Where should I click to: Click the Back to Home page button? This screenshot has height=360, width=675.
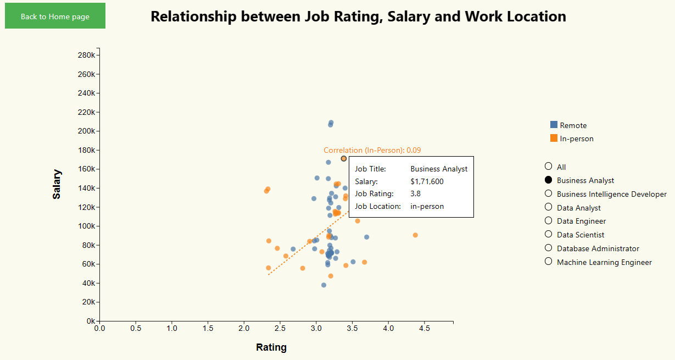coord(55,16)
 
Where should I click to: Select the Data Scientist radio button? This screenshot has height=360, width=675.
coord(548,235)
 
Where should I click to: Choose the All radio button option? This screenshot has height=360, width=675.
coord(548,167)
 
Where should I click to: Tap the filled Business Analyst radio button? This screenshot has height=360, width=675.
coord(548,180)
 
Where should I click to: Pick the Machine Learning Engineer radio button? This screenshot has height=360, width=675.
coord(548,262)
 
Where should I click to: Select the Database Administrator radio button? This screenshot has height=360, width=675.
coord(548,248)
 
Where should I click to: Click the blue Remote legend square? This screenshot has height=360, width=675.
coord(554,125)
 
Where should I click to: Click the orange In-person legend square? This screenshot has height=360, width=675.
coord(554,139)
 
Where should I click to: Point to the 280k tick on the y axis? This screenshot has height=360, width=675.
coord(87,56)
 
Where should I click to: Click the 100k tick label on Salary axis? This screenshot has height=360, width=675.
coord(87,226)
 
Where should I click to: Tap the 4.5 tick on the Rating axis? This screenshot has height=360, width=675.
coord(425,328)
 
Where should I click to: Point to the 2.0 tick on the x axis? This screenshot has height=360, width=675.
coord(244,328)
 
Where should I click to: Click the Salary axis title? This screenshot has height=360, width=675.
coord(57,184)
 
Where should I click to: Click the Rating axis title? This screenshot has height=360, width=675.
coord(271,347)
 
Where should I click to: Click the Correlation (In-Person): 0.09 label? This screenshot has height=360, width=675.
coord(372,150)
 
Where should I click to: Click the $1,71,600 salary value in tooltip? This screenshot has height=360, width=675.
coord(427,181)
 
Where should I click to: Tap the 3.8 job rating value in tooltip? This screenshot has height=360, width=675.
coord(416,193)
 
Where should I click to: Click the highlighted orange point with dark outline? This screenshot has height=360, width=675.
coord(344,158)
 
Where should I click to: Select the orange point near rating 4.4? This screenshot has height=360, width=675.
coord(415,235)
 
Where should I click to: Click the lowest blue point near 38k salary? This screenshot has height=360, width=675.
coord(323,285)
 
